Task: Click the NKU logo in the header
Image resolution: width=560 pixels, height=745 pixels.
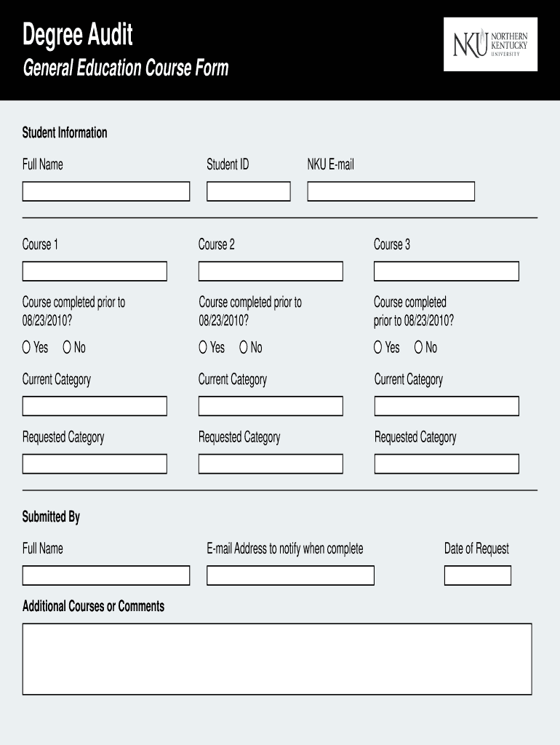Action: coord(490,44)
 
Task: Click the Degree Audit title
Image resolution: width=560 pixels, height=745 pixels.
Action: coord(78,33)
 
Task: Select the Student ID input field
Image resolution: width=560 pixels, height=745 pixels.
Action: coord(248,191)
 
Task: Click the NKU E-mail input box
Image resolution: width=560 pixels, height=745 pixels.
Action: coord(391,191)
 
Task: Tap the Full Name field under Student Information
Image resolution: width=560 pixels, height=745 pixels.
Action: coord(105,191)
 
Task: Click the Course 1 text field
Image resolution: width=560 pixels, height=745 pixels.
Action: coord(95,271)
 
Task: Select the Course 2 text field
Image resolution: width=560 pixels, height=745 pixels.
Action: coord(271,271)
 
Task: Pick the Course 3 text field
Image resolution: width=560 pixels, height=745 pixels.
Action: coord(446,271)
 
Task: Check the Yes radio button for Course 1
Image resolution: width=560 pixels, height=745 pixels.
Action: coord(27,348)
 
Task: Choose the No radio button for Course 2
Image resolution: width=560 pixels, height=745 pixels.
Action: coord(244,348)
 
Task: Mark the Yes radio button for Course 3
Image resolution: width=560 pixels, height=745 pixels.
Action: coord(378,348)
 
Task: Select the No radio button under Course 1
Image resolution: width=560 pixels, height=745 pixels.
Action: coord(68,348)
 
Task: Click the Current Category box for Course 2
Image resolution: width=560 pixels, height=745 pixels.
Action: coord(271,406)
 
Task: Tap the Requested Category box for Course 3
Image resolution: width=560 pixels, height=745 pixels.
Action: coord(446,463)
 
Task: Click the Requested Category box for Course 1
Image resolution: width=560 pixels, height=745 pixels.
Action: coord(95,463)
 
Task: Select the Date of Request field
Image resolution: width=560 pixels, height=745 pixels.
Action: coord(477,575)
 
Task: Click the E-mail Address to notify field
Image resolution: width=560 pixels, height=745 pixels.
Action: coord(290,575)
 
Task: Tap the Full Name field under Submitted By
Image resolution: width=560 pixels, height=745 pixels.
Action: coord(105,575)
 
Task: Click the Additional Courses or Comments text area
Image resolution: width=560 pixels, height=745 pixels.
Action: coord(277,658)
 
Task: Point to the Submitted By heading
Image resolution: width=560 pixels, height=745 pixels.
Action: coord(51,517)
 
